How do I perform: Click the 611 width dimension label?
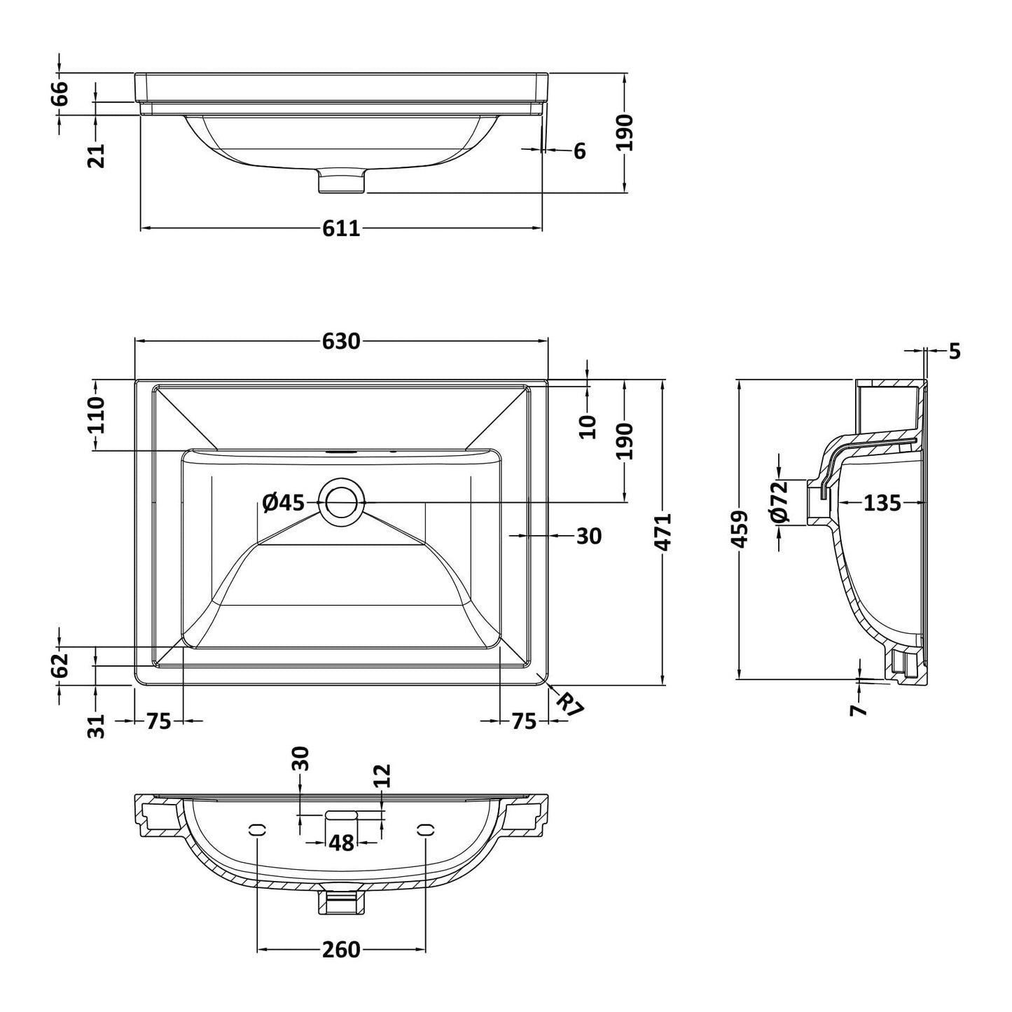coord(341,228)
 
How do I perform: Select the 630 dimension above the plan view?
coord(341,341)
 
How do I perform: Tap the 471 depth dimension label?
coord(664,532)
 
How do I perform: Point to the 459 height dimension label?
coord(740,529)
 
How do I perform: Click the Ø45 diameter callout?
coord(284,503)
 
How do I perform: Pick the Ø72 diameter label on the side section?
coord(780,501)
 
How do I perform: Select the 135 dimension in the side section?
coord(882,503)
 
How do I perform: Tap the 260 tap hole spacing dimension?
coord(341,950)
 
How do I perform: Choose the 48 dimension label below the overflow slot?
coord(341,843)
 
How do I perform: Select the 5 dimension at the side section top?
coord(955,351)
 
